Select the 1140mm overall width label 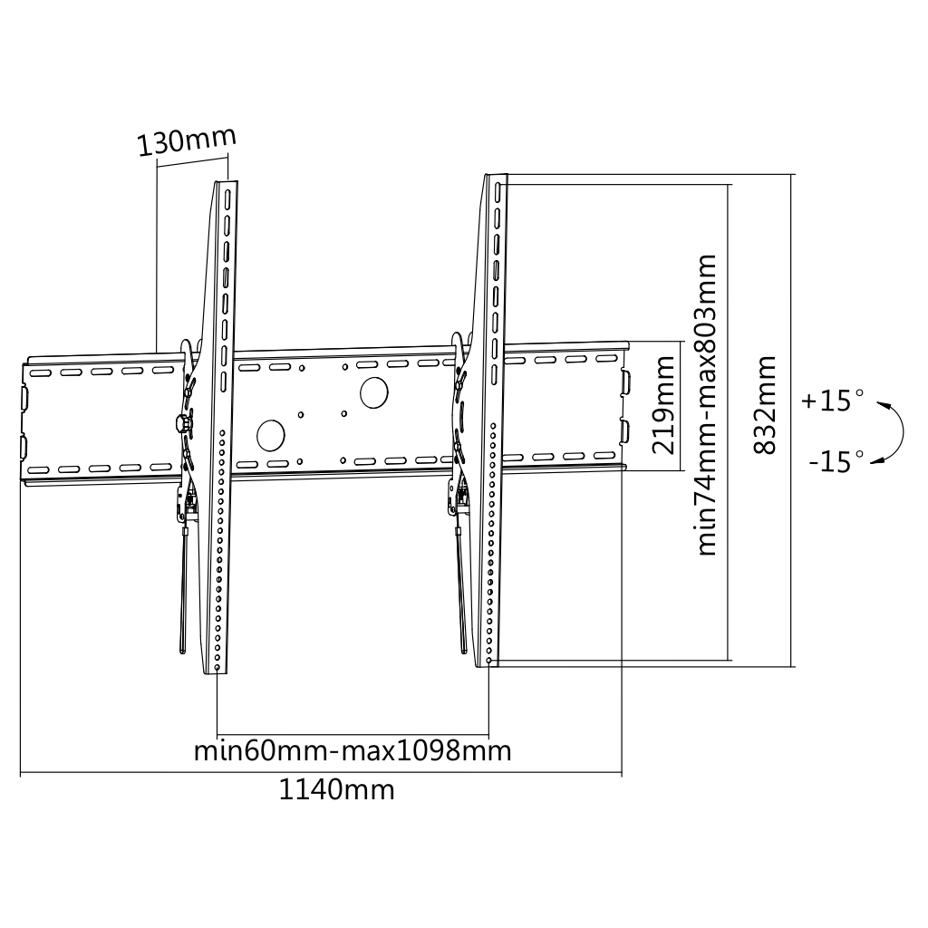coord(336,790)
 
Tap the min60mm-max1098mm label coord(353,751)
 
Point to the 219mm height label coord(663,405)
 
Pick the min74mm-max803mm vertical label coord(707,404)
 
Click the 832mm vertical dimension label coord(766,405)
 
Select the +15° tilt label coord(833,401)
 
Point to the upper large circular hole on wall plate coord(373,391)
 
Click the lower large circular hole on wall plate coord(271,435)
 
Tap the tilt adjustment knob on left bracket coord(184,422)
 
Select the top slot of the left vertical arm coord(227,199)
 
